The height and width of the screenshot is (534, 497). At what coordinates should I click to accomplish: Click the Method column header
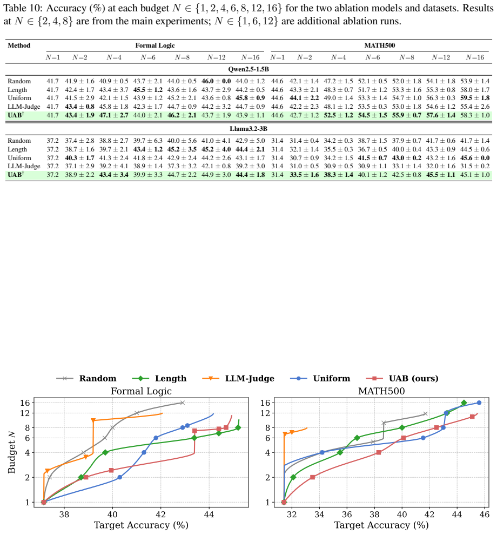point(19,45)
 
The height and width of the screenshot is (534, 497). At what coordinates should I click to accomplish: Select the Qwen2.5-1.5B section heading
point(249,69)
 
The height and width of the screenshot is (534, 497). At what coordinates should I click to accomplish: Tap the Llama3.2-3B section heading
point(249,129)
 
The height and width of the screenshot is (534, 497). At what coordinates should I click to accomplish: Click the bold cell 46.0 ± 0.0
point(216,81)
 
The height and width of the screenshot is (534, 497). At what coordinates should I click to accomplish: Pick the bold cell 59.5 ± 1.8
point(475,98)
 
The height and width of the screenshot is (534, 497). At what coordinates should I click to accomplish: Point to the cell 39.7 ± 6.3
point(148,141)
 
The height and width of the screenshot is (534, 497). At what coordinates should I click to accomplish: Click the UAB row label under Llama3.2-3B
point(16,175)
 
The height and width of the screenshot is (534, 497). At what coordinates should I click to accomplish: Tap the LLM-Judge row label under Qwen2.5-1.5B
point(24,107)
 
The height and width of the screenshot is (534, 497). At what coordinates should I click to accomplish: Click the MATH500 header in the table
point(380,45)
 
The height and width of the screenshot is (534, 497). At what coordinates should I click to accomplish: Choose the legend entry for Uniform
point(320,378)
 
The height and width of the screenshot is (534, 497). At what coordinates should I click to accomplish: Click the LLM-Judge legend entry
point(238,378)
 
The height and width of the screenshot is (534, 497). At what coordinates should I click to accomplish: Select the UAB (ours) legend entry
point(402,378)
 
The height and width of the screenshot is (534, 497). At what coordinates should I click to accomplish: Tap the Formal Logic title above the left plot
point(141,391)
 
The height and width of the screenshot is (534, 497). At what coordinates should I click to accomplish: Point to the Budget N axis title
point(11,452)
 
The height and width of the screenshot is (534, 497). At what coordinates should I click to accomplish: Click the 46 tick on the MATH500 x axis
point(485,514)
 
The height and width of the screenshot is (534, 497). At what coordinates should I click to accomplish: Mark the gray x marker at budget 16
point(182,403)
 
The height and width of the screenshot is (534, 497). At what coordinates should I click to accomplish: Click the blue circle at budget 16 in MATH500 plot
point(479,403)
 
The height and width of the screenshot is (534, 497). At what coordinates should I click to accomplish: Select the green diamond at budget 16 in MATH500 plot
point(464,403)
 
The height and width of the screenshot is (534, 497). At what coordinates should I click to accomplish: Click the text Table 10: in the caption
point(23,8)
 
